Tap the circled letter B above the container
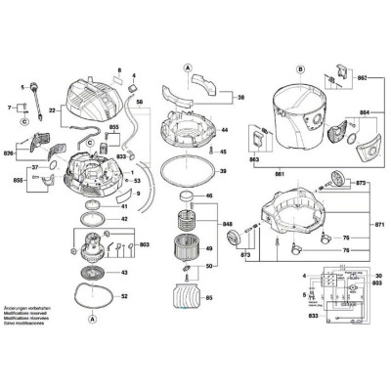301,69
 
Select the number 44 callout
224,130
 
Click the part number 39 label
224,171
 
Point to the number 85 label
207,298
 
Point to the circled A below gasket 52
92,319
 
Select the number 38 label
241,98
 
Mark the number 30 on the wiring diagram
375,277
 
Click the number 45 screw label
224,152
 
